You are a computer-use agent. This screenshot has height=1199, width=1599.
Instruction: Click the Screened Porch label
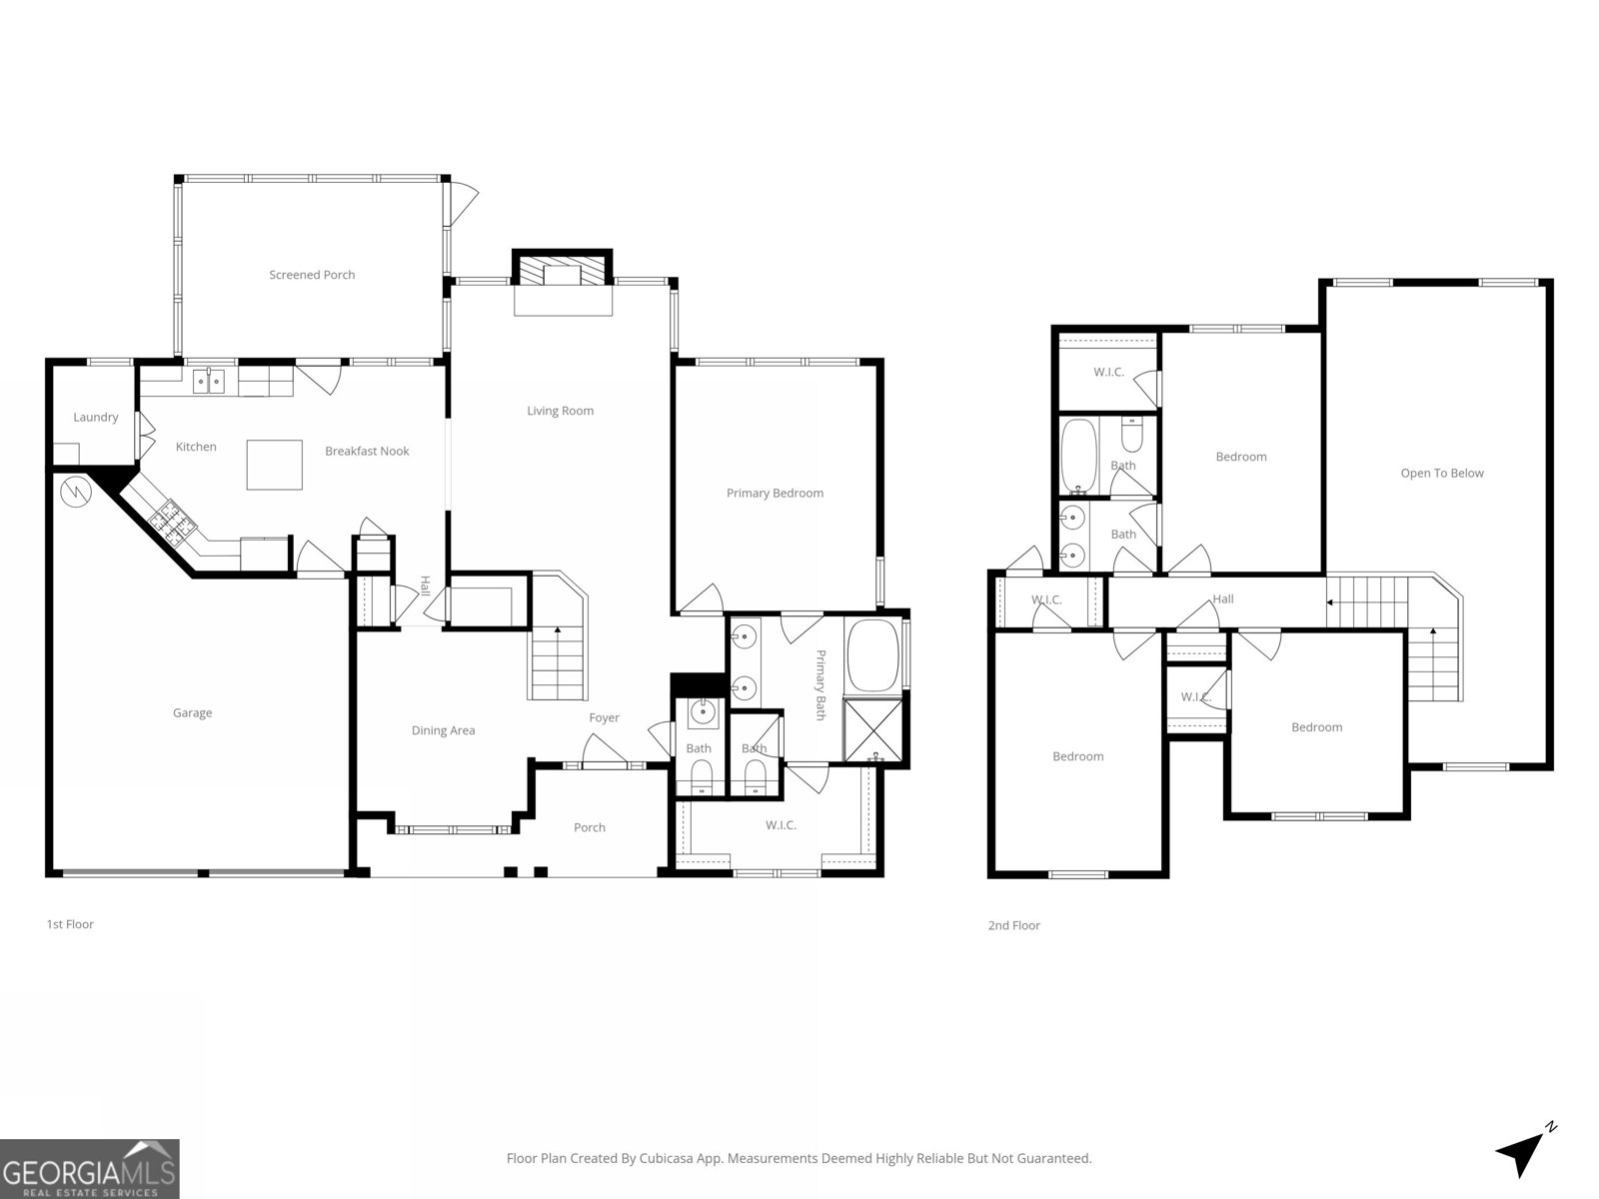pos(312,275)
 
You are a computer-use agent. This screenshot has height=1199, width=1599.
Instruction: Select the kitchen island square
pos(275,465)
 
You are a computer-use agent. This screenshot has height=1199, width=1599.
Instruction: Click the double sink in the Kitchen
pos(209,381)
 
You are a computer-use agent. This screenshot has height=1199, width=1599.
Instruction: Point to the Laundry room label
pos(96,418)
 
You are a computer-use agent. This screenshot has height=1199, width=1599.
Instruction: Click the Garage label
pos(192,713)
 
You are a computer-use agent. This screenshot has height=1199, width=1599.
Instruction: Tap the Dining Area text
pos(443,730)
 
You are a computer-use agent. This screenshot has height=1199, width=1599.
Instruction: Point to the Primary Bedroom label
pos(775,493)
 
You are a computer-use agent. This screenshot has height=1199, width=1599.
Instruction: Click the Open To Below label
pos(1442,474)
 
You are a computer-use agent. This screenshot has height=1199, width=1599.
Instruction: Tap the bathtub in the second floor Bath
pos(1078,457)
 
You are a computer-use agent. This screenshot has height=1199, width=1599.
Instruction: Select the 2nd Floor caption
pos(1013,925)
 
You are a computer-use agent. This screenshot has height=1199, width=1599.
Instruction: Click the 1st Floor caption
pos(70,924)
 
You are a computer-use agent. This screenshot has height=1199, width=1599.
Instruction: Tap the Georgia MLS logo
pos(89,1169)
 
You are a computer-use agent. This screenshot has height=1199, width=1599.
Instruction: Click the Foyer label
pos(604,717)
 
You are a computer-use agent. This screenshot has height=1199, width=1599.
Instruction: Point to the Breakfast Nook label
pos(367,452)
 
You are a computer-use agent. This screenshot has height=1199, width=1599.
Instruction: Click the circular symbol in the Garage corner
pos(75,491)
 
